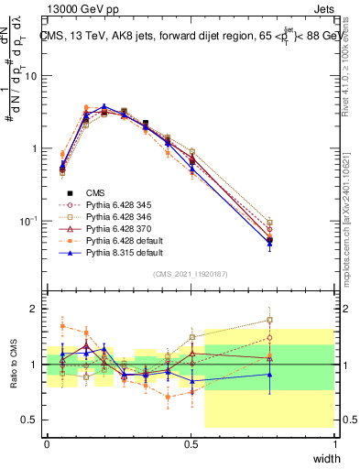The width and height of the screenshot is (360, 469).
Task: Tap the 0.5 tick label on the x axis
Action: coord(191,444)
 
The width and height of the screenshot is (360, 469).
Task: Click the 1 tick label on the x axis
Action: coord(334,444)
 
